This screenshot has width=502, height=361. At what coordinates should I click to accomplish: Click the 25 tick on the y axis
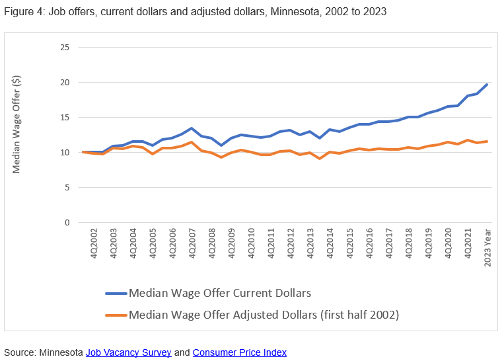pyautogui.click(x=64, y=48)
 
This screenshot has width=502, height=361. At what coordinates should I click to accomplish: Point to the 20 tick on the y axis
pyautogui.click(x=64, y=83)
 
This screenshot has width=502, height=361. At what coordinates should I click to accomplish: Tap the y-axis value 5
pyautogui.click(x=67, y=188)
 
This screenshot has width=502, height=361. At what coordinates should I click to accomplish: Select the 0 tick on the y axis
pyautogui.click(x=67, y=223)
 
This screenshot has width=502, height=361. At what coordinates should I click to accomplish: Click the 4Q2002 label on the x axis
pyautogui.click(x=94, y=244)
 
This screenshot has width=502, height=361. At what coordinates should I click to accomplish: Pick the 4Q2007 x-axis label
pyautogui.click(x=192, y=244)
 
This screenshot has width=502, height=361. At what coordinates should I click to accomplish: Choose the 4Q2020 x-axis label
pyautogui.click(x=448, y=244)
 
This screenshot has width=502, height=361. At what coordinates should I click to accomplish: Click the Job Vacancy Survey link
pyautogui.click(x=128, y=352)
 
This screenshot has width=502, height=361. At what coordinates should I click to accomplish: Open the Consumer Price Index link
pyautogui.click(x=240, y=352)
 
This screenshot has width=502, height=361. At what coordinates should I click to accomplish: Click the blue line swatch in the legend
pyautogui.click(x=116, y=294)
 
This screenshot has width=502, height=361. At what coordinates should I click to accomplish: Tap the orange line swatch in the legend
pyautogui.click(x=116, y=315)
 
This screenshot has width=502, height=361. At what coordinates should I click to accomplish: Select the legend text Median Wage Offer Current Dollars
pyautogui.click(x=220, y=294)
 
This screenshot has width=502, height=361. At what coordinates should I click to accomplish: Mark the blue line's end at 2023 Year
pyautogui.click(x=487, y=85)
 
